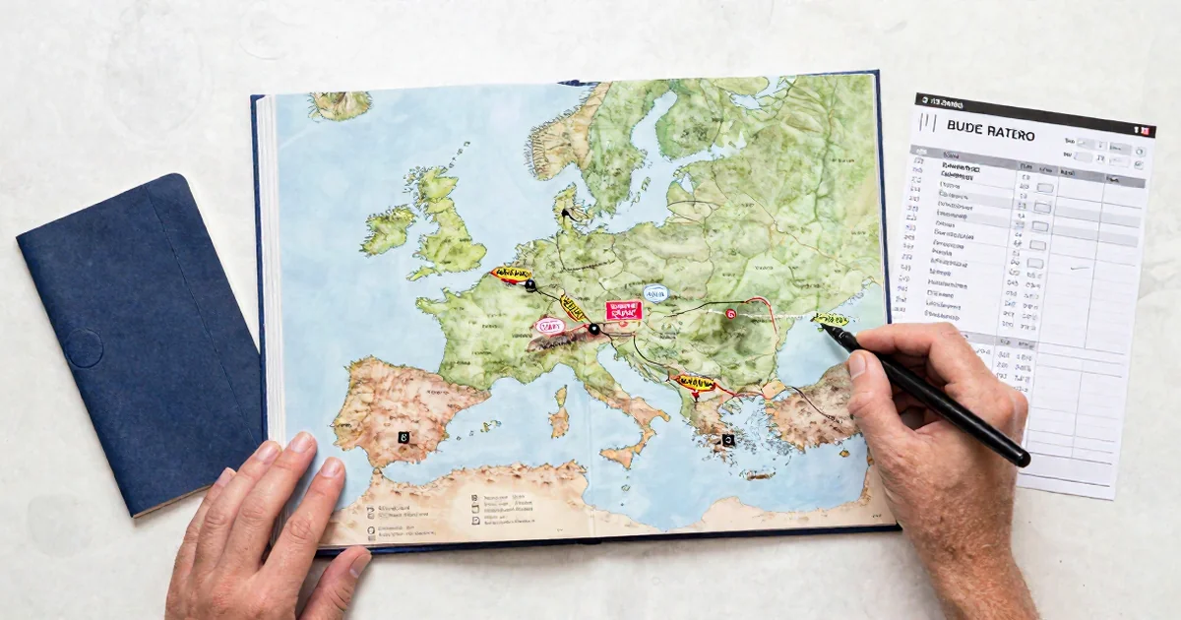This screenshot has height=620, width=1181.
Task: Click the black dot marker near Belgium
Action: pos(530,285)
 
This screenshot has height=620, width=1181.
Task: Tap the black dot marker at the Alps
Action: pos(593,329)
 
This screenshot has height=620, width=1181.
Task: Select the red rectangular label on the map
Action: pos(624,311)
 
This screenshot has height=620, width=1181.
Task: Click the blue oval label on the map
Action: pos(655,292)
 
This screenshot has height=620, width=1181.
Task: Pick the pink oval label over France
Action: pos(548,325)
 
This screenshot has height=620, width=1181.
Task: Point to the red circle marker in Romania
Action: pos(730,313)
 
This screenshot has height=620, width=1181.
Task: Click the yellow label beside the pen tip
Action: pos(829,319)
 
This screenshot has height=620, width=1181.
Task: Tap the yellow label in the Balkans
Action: pos(694,382)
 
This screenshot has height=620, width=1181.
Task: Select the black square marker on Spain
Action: pos(404,435)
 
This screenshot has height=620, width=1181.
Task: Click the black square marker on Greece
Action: pos(727,441)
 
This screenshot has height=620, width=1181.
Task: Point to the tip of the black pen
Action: pos(825,328)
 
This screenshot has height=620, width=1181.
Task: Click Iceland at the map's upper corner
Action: pos(340,103)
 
